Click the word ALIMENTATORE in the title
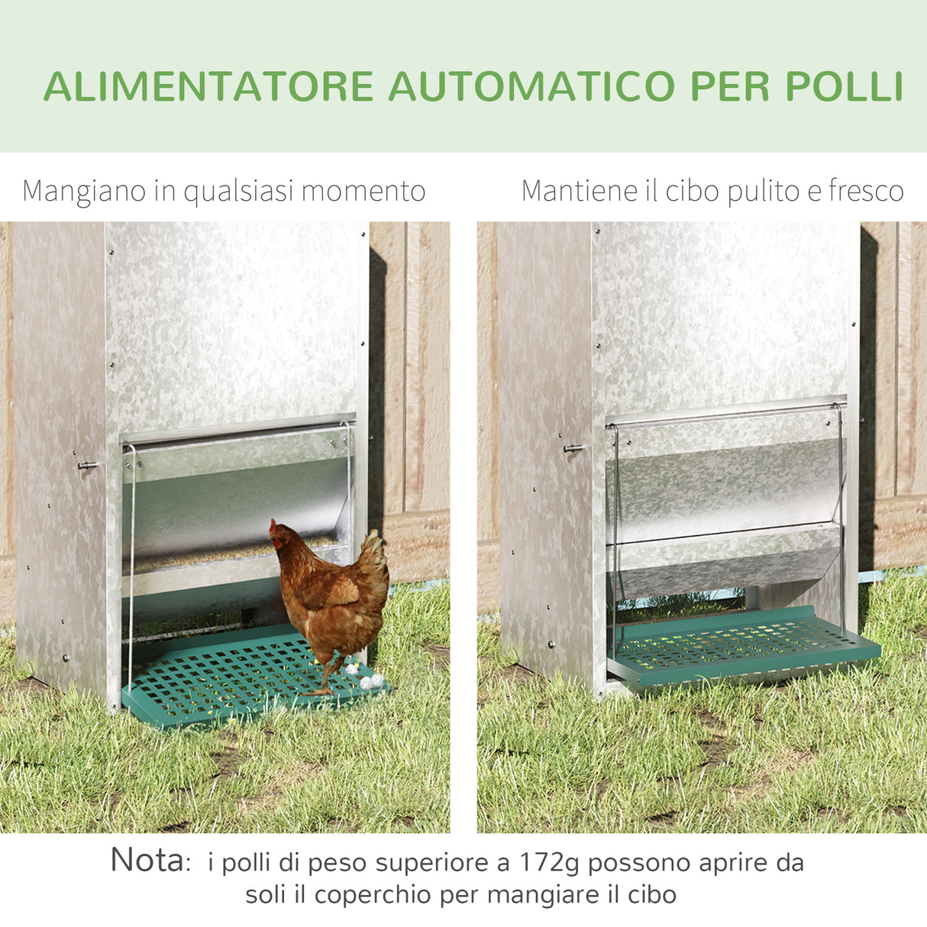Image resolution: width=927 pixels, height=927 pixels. (208, 86)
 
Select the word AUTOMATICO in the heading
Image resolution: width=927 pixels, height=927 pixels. (531, 86)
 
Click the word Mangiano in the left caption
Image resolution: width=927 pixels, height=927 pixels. (86, 191)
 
